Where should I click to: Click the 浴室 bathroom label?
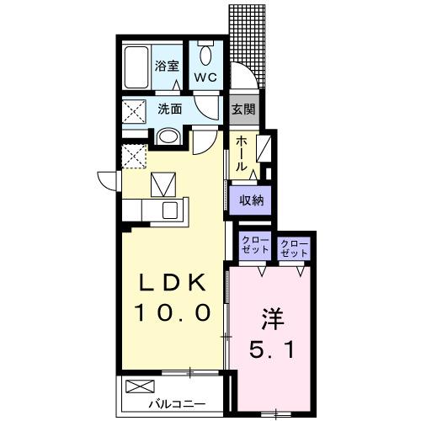[x=166, y=65]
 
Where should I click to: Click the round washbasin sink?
[x=168, y=136]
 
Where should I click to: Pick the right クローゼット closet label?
[x=294, y=246]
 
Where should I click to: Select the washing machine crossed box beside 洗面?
[x=133, y=110]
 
